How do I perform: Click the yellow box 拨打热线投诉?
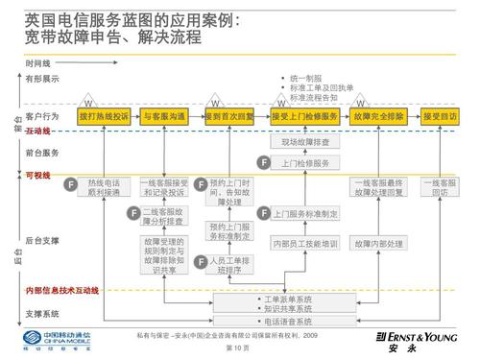(103, 116)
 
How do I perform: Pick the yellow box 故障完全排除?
(378, 116)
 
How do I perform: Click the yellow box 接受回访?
(440, 116)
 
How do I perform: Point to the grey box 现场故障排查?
(305, 142)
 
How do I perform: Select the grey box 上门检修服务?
(305, 162)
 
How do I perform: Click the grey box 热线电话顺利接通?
(103, 187)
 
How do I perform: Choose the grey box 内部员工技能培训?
(305, 244)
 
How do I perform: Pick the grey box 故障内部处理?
(378, 244)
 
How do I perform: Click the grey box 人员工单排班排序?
(229, 265)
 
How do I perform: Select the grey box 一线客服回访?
(440, 187)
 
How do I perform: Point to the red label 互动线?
(40, 131)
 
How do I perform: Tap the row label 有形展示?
(42, 78)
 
